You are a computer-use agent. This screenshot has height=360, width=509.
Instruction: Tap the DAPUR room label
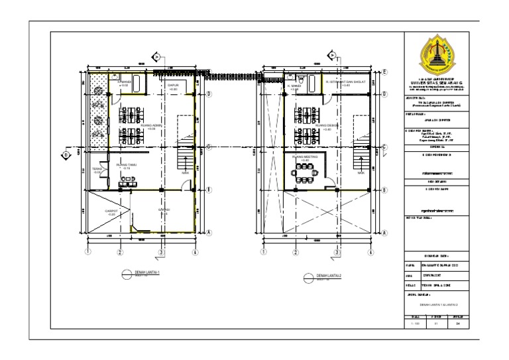click(x=174, y=86)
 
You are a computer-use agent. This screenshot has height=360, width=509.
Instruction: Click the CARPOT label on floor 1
click(x=111, y=211)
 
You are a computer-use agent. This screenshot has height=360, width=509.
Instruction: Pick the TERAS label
click(x=97, y=170)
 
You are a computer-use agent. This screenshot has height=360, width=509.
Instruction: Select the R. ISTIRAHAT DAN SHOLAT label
click(x=343, y=84)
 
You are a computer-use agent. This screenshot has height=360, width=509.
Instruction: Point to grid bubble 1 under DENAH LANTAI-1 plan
click(x=87, y=252)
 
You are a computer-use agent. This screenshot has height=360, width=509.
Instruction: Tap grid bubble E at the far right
click(x=384, y=72)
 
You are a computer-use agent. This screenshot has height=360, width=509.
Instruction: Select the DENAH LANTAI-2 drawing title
click(x=327, y=275)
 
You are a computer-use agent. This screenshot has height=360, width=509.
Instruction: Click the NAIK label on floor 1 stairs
click(x=186, y=174)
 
